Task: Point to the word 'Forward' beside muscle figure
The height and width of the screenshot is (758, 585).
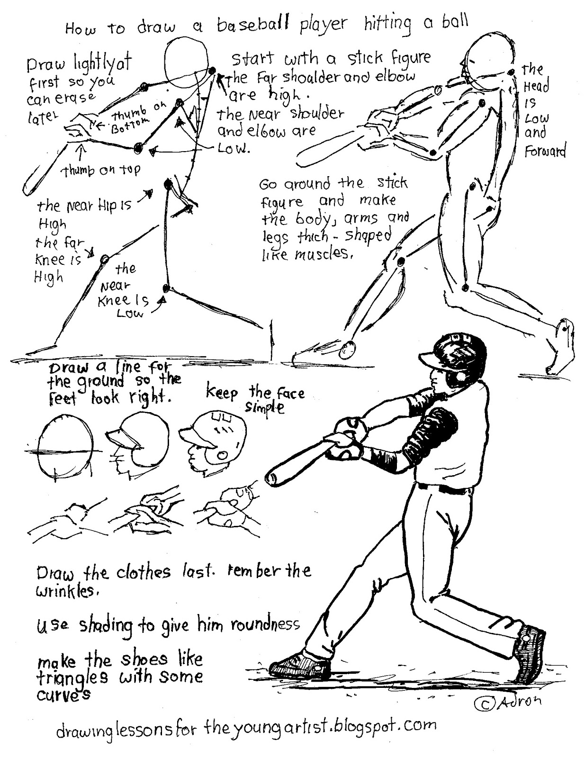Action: [545, 152]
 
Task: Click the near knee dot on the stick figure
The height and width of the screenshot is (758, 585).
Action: [166, 288]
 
